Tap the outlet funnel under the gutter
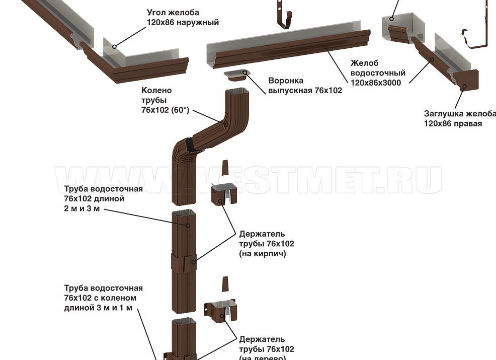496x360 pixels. [x=237, y=75]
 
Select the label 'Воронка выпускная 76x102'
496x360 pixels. [x=305, y=86]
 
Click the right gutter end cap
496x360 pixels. [x=465, y=80]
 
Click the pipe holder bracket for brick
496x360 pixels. [x=223, y=194]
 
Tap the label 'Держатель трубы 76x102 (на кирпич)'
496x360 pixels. [x=267, y=244]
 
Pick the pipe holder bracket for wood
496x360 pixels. [x=220, y=310]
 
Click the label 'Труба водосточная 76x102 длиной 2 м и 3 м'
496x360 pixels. [x=103, y=199]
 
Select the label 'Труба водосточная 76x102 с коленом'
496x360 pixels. [x=103, y=298]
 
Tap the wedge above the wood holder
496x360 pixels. [x=225, y=283]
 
